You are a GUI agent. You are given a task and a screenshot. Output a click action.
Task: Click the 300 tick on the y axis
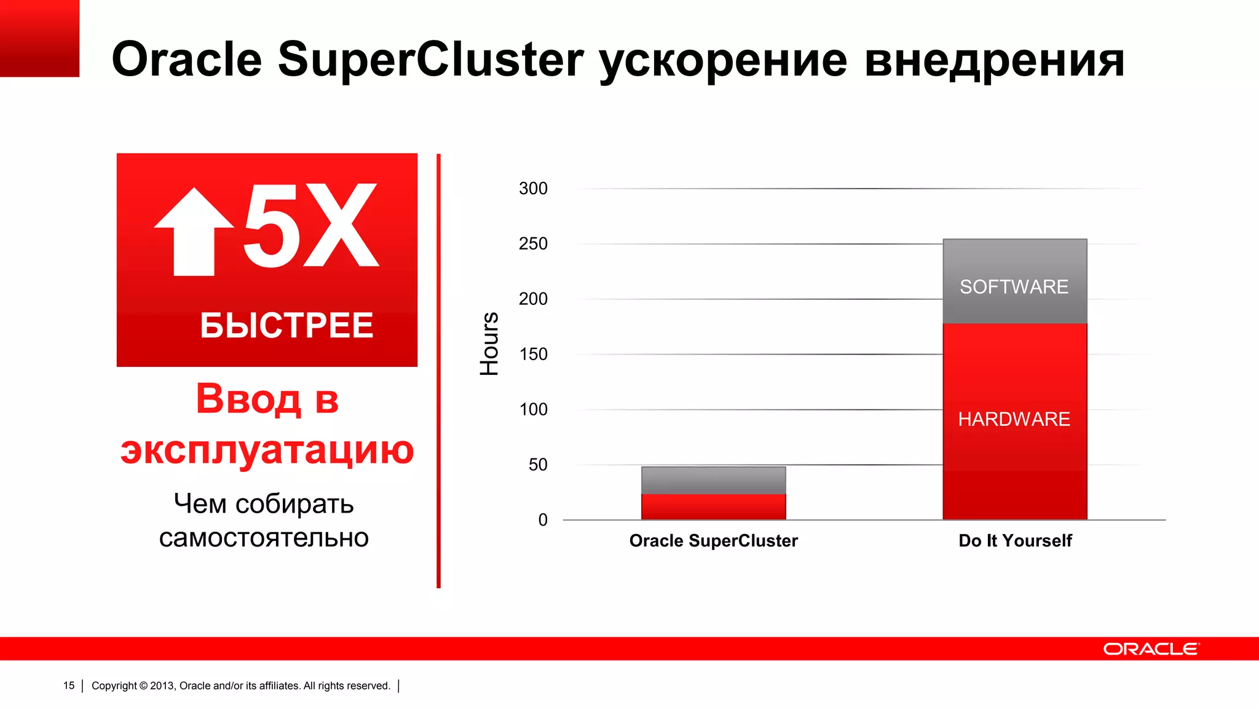(533, 189)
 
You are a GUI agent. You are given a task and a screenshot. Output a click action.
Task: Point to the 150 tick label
(533, 355)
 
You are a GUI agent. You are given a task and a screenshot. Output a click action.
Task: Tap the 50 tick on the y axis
(537, 465)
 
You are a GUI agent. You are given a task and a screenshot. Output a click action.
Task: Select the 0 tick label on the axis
(543, 521)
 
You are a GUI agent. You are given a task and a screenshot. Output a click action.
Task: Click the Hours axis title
(489, 344)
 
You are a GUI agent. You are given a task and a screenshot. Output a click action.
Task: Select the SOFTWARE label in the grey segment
(1014, 287)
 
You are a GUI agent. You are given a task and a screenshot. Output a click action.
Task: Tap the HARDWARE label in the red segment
(1014, 419)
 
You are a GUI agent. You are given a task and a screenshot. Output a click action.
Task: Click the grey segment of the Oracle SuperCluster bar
(713, 480)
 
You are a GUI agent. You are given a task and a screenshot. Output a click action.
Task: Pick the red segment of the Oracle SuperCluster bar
(713, 507)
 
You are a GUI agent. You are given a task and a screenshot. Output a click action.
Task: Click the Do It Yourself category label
(1015, 541)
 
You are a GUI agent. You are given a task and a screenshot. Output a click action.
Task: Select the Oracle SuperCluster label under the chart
(713, 541)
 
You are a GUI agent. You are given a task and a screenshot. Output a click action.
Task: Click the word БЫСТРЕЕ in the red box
(286, 326)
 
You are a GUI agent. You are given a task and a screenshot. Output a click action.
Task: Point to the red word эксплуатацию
(267, 450)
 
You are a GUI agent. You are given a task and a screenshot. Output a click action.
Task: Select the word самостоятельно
(264, 538)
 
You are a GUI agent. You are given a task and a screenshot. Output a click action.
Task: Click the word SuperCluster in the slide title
(430, 60)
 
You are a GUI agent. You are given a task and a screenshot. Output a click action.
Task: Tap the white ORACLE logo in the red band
(1151, 649)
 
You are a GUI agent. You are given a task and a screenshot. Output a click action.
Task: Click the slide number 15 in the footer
(69, 686)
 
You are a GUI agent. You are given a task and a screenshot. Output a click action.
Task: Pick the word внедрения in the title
(994, 60)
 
